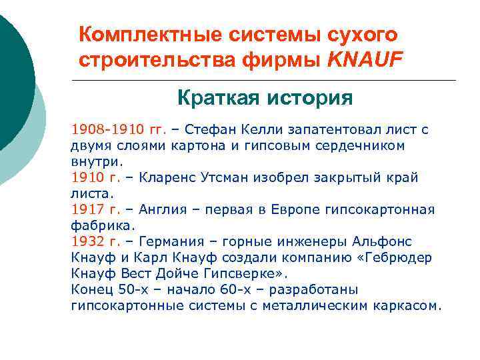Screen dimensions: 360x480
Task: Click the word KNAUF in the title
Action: pyautogui.click(x=366, y=61)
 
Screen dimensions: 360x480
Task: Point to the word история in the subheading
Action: pyautogui.click(x=309, y=99)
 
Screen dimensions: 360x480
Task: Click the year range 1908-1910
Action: pyautogui.click(x=100, y=129)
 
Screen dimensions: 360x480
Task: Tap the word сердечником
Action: pyautogui.click(x=358, y=145)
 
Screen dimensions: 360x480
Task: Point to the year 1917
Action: pyautogui.click(x=87, y=209)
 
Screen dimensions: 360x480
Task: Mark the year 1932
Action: pyautogui.click(x=87, y=241)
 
